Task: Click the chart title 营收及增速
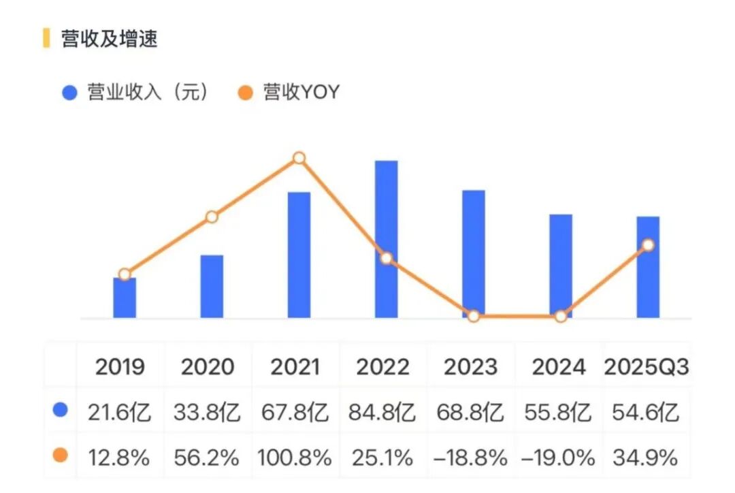(x=109, y=39)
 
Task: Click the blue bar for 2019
(x=125, y=298)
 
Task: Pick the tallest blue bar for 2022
(x=386, y=238)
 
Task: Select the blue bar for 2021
(x=299, y=255)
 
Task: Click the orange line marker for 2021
(x=299, y=159)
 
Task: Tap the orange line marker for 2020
(x=212, y=217)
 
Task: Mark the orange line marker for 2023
(x=474, y=316)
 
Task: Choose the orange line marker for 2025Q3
(x=648, y=245)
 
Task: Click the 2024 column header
(x=558, y=367)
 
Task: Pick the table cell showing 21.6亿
(x=120, y=412)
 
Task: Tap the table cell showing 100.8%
(x=295, y=458)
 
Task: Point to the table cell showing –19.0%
(x=558, y=458)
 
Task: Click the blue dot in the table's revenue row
(x=61, y=411)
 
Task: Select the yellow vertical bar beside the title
(x=46, y=38)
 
